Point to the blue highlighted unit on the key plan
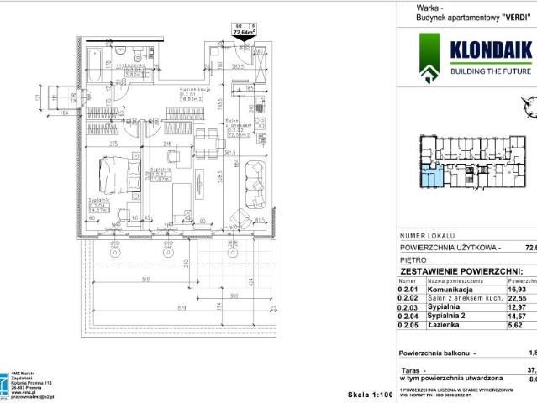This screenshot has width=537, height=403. (x=429, y=175)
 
